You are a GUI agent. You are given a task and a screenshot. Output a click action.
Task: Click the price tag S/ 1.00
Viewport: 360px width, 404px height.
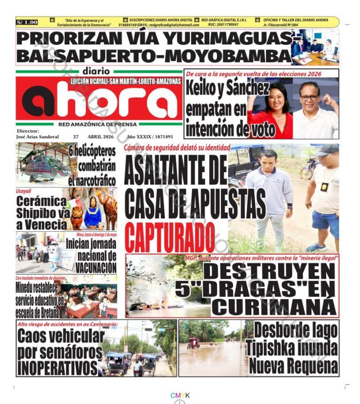click(x=27, y=22)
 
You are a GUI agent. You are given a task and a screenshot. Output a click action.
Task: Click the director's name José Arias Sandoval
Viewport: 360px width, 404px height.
click(x=38, y=136)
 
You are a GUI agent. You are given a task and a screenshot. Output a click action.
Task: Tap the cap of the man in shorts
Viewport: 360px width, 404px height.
click(x=327, y=149)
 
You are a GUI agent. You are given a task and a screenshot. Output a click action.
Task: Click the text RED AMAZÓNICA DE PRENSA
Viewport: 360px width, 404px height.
click(x=99, y=123)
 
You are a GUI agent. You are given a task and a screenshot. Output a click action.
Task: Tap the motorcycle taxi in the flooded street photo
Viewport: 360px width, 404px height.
click(x=193, y=343)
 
